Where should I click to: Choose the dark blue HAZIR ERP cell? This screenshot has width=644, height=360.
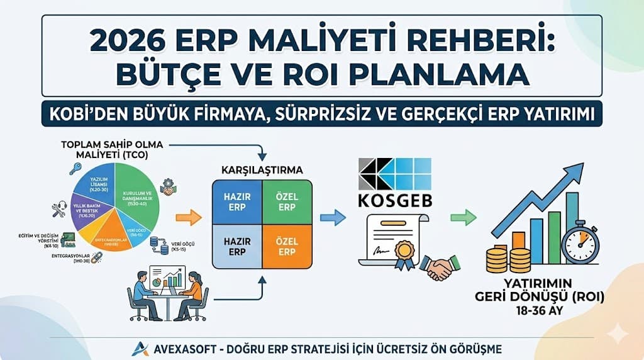tap(237, 202)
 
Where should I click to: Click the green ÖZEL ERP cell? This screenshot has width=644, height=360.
tap(286, 202)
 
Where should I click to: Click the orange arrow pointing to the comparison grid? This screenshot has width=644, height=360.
tap(187, 218)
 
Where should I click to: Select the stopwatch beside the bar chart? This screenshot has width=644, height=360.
tap(580, 244)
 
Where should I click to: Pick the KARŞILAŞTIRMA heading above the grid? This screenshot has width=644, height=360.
tap(262, 170)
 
